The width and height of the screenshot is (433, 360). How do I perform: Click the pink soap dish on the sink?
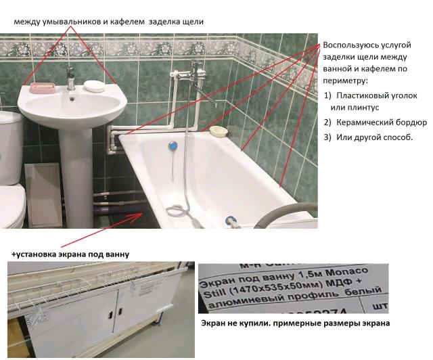[x=40, y=87]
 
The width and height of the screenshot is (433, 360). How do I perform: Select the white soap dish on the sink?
[x=94, y=86]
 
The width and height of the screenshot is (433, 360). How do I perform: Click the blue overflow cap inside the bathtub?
[x=173, y=145]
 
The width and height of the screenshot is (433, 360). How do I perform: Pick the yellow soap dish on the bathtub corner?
[x=217, y=130]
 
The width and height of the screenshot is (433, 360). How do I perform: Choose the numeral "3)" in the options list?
[x=327, y=137]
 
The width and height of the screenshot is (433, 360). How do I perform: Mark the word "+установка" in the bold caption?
[x=32, y=254]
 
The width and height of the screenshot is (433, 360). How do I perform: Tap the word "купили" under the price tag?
[x=253, y=323]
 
